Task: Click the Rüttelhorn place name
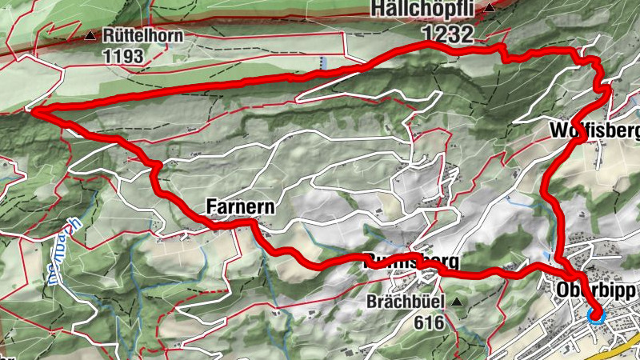(143, 36)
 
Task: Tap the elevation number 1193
(122, 56)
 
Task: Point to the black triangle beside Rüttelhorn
(92, 36)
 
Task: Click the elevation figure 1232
(449, 32)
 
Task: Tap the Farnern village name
(240, 207)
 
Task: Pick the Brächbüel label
(404, 302)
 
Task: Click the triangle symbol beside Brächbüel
(457, 302)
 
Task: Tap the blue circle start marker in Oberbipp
(594, 315)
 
